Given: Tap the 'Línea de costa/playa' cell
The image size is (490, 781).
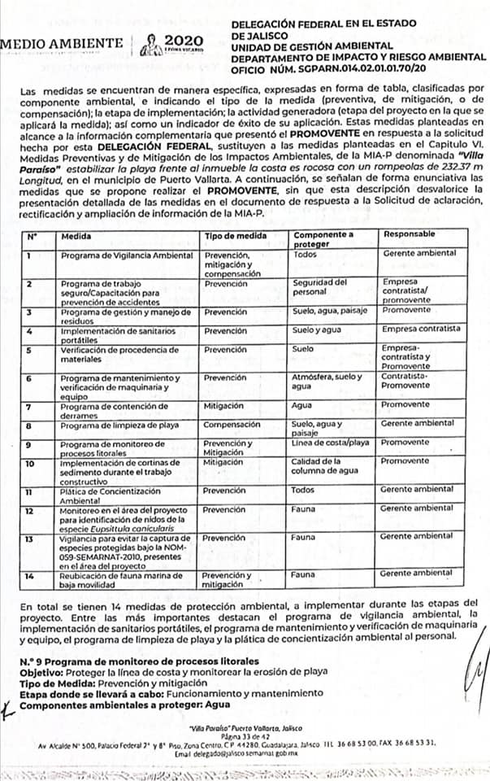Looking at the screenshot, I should click(330, 443).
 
